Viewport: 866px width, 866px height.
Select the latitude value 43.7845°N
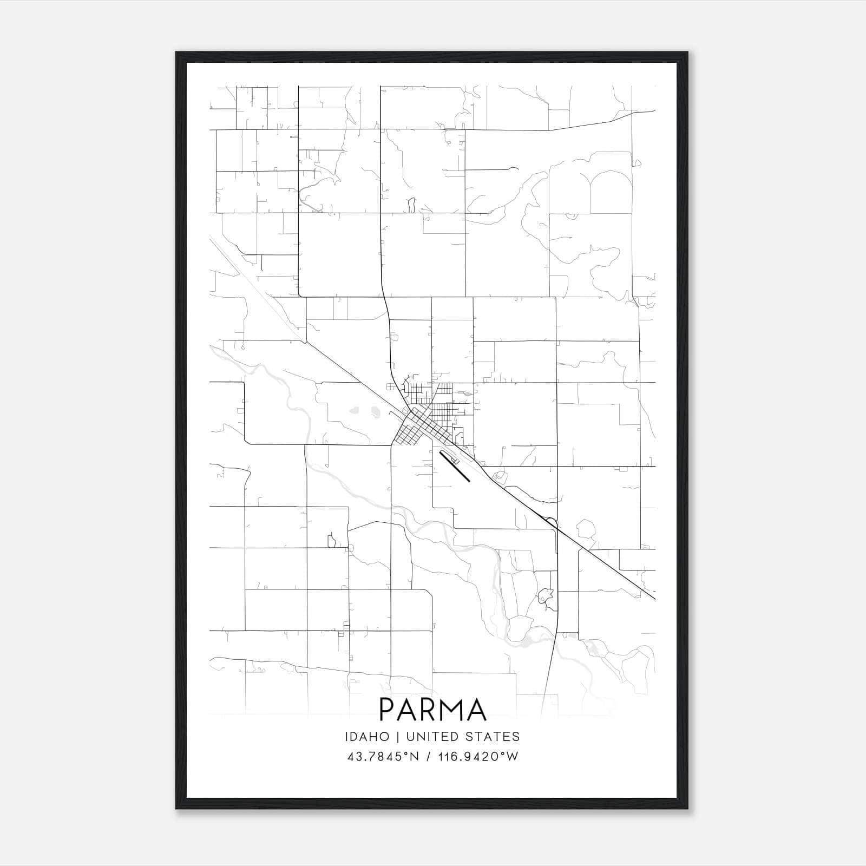tap(383, 756)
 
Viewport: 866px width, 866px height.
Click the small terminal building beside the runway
tap(455, 461)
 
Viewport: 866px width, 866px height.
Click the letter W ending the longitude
tap(512, 756)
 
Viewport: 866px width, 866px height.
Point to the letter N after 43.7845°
tap(415, 756)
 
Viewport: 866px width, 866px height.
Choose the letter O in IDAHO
tap(384, 737)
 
